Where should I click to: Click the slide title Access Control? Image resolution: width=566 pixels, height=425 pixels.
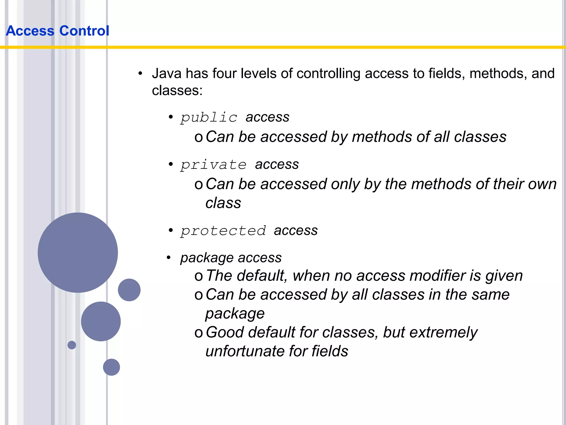coord(57,31)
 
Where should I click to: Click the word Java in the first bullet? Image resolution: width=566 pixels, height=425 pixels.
coord(166,74)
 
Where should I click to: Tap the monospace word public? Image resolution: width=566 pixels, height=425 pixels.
coord(209,117)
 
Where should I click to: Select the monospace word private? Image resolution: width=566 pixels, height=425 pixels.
coord(213,165)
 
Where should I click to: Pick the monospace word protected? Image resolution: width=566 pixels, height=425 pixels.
coord(223,230)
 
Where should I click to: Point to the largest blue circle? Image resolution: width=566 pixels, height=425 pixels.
coord(78,252)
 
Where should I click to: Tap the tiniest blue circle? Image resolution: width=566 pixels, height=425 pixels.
coord(72,345)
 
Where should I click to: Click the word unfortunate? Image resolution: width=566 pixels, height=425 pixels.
coord(245,351)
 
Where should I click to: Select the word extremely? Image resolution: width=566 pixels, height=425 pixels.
coord(443,332)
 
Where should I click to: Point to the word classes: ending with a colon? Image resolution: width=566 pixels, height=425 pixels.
coord(177,90)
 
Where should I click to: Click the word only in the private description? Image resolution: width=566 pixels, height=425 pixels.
coord(345,184)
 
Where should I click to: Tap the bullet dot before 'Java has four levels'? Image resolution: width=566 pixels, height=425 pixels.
coord(140,74)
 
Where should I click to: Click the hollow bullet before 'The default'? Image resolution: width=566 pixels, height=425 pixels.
coord(198,276)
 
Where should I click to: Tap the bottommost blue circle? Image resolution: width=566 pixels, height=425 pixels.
coord(111,367)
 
